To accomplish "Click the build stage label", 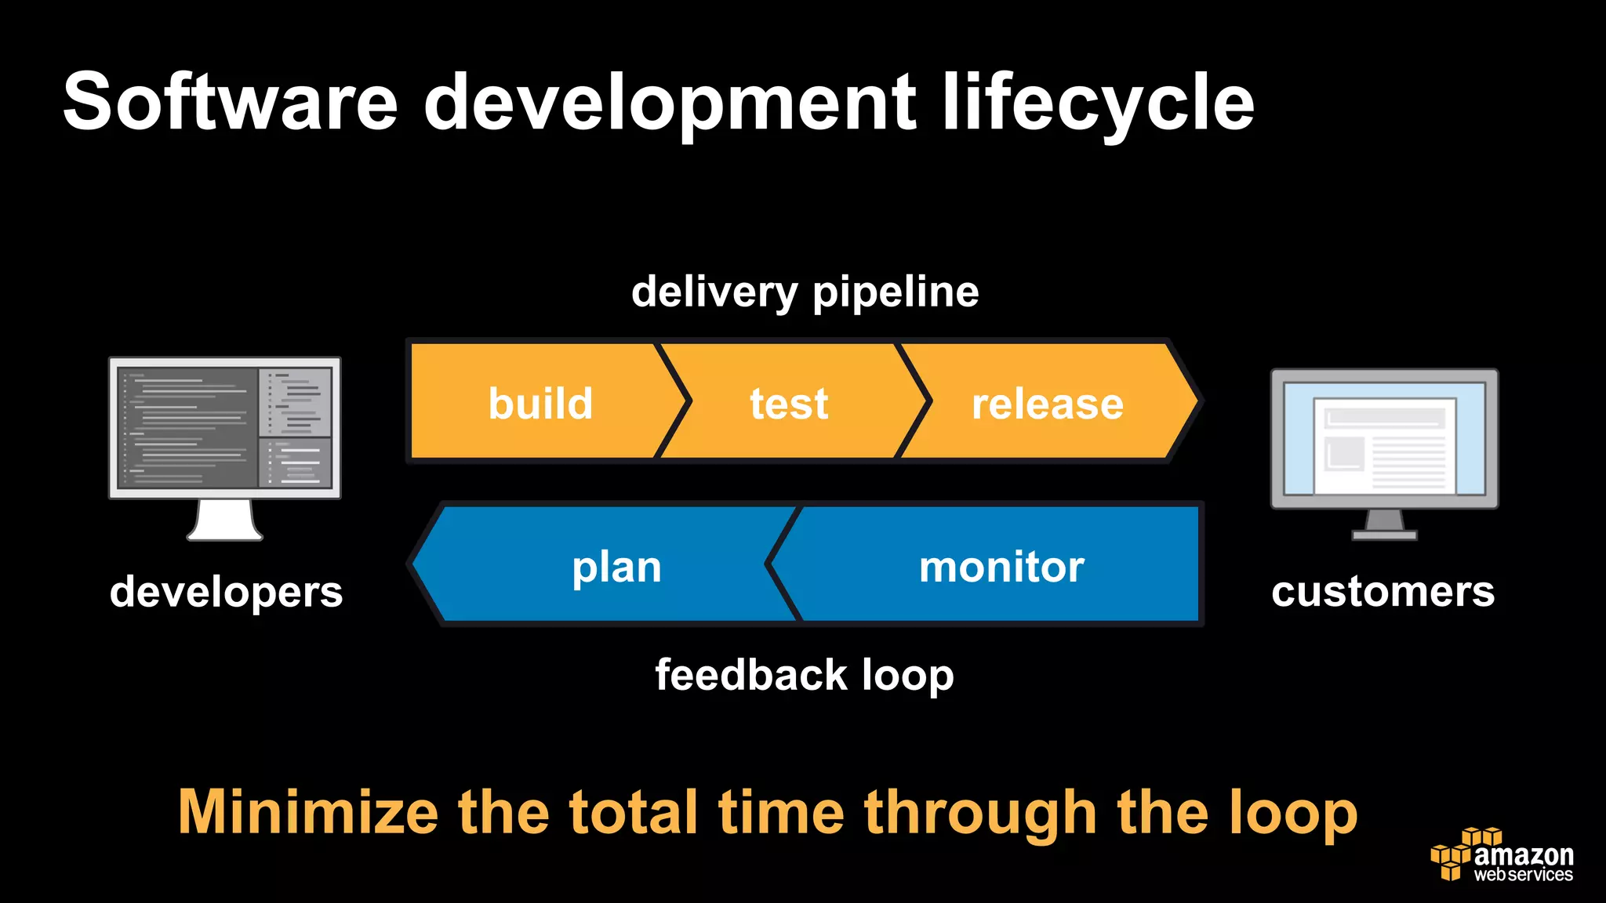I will click(540, 404).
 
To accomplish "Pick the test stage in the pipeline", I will click(789, 404).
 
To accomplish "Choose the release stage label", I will click(1048, 404).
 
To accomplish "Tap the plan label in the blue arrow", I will click(616, 567).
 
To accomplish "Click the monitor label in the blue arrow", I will click(1001, 567).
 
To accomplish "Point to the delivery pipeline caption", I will click(805, 292).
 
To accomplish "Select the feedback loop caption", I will click(805, 675).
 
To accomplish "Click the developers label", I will click(226, 592).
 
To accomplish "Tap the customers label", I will click(1383, 592).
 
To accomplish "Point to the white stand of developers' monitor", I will click(225, 520).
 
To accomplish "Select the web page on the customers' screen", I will click(1384, 445).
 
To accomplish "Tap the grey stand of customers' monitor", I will click(1384, 524).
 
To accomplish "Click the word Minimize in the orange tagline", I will click(307, 812).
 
